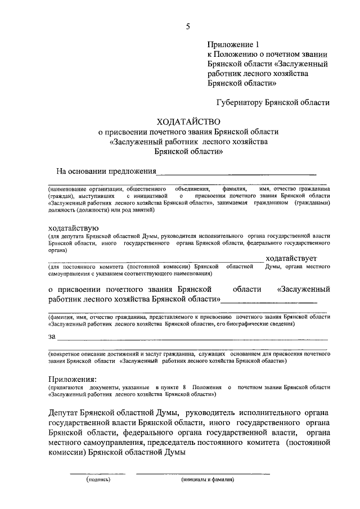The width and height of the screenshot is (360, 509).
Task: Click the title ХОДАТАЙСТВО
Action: (x=188, y=121)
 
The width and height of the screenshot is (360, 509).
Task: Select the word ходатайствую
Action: (x=75, y=227)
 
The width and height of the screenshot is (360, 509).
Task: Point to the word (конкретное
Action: (x=67, y=355)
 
